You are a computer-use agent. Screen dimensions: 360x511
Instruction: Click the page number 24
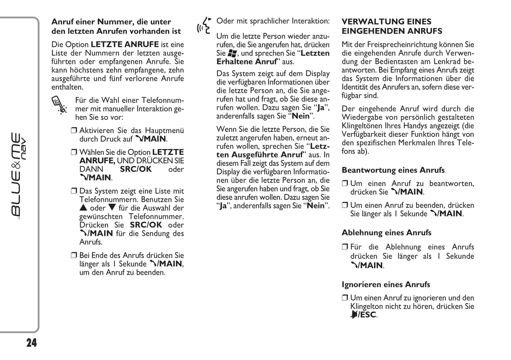[x=31, y=343]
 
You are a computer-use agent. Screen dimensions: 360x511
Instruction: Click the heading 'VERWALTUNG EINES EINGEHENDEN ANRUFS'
[x=391, y=26]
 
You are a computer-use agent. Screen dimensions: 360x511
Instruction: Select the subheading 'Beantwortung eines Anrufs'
[x=393, y=170]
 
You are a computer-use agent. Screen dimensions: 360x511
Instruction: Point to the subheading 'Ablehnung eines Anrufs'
[x=386, y=233]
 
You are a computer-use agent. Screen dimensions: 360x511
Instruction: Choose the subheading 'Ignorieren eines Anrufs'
[x=385, y=285]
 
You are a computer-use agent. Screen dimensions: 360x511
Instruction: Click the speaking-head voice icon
[x=204, y=26]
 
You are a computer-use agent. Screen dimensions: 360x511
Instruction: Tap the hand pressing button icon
[x=59, y=105]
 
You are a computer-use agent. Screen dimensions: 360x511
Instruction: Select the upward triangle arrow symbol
[x=83, y=208]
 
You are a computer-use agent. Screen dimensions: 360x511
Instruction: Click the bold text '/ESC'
[x=367, y=315]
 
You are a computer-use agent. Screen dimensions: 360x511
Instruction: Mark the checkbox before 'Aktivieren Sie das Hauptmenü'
[x=74, y=130]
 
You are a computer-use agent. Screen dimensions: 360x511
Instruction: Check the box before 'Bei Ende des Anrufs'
[x=74, y=255]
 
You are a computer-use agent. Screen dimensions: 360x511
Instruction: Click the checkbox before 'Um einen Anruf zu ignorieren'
[x=345, y=298]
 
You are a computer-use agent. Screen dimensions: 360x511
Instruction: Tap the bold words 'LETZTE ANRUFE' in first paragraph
[x=124, y=45]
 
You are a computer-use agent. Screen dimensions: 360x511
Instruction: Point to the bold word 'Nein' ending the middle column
[x=315, y=206]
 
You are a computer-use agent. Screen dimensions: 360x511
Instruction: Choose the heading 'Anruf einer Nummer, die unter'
[x=111, y=22]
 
